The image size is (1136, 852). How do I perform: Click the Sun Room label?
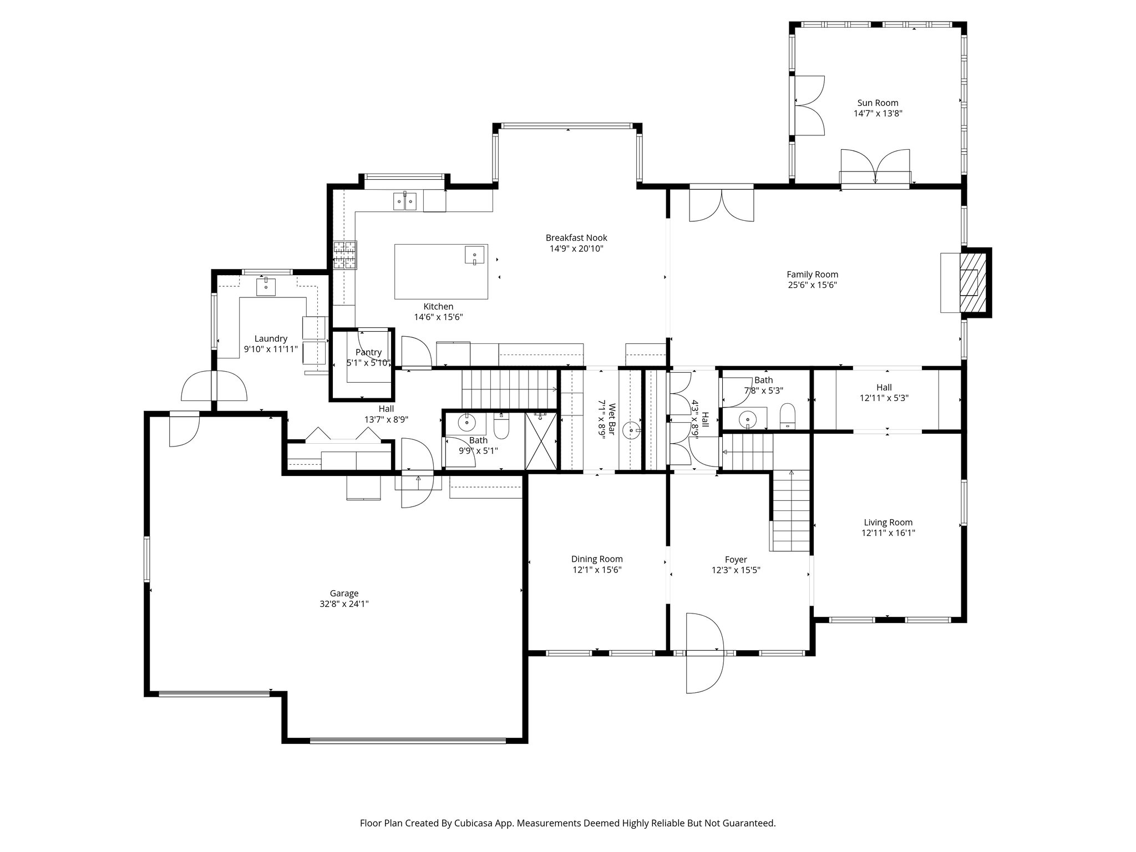(x=878, y=103)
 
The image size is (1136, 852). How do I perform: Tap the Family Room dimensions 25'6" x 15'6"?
(x=812, y=285)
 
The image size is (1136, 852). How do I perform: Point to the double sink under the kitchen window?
(x=405, y=201)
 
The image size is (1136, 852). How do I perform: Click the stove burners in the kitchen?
(x=345, y=255)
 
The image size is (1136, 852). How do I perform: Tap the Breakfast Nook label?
(x=576, y=238)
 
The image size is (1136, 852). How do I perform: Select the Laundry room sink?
(x=266, y=287)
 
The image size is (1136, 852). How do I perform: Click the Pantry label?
(x=368, y=352)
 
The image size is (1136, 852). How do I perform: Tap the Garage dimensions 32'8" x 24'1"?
(x=344, y=604)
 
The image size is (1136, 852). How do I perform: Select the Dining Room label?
(x=597, y=559)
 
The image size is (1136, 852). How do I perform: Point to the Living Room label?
(x=887, y=522)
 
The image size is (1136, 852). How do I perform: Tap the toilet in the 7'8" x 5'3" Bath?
(x=787, y=415)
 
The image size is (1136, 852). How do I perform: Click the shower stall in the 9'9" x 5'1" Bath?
(x=540, y=441)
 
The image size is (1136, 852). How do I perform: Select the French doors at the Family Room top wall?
(x=721, y=205)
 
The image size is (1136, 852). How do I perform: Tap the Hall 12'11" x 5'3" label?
(x=884, y=387)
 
